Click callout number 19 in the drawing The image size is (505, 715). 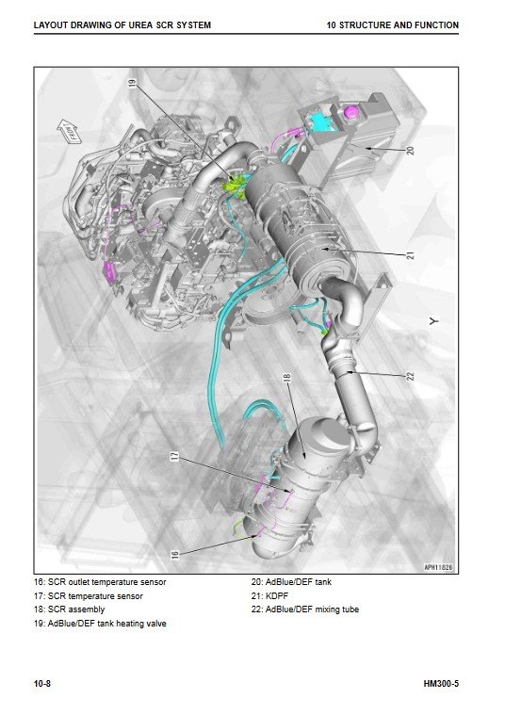pyautogui.click(x=132, y=82)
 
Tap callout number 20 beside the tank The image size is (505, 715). pyautogui.click(x=410, y=150)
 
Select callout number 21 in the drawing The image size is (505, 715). pyautogui.click(x=411, y=255)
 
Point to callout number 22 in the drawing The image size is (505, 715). pyautogui.click(x=410, y=376)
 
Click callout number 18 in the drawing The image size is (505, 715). pyautogui.click(x=286, y=378)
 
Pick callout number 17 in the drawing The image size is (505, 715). pyautogui.click(x=174, y=456)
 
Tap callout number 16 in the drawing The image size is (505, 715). pyautogui.click(x=174, y=555)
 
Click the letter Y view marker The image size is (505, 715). pyautogui.click(x=434, y=321)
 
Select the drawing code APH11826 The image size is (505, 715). pyautogui.click(x=438, y=567)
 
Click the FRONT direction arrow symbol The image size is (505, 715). pyautogui.click(x=70, y=131)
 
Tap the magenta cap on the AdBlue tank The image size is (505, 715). pyautogui.click(x=351, y=112)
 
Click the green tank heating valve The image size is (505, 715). pyautogui.click(x=236, y=186)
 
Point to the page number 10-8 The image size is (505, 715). pyautogui.click(x=42, y=684)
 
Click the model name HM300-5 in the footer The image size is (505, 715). pyautogui.click(x=441, y=684)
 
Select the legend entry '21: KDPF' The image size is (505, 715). pyautogui.click(x=269, y=595)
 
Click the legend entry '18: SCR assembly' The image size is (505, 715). pyautogui.click(x=70, y=609)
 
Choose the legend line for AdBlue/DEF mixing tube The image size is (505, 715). pyautogui.click(x=304, y=609)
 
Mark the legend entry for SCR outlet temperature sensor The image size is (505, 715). pyautogui.click(x=100, y=582)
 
